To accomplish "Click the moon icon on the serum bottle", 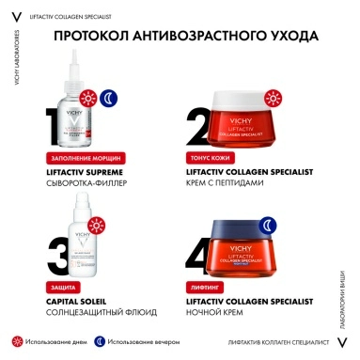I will [111, 99].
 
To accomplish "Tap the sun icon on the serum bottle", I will [88, 99].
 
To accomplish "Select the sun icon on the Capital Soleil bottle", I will [88, 227].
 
